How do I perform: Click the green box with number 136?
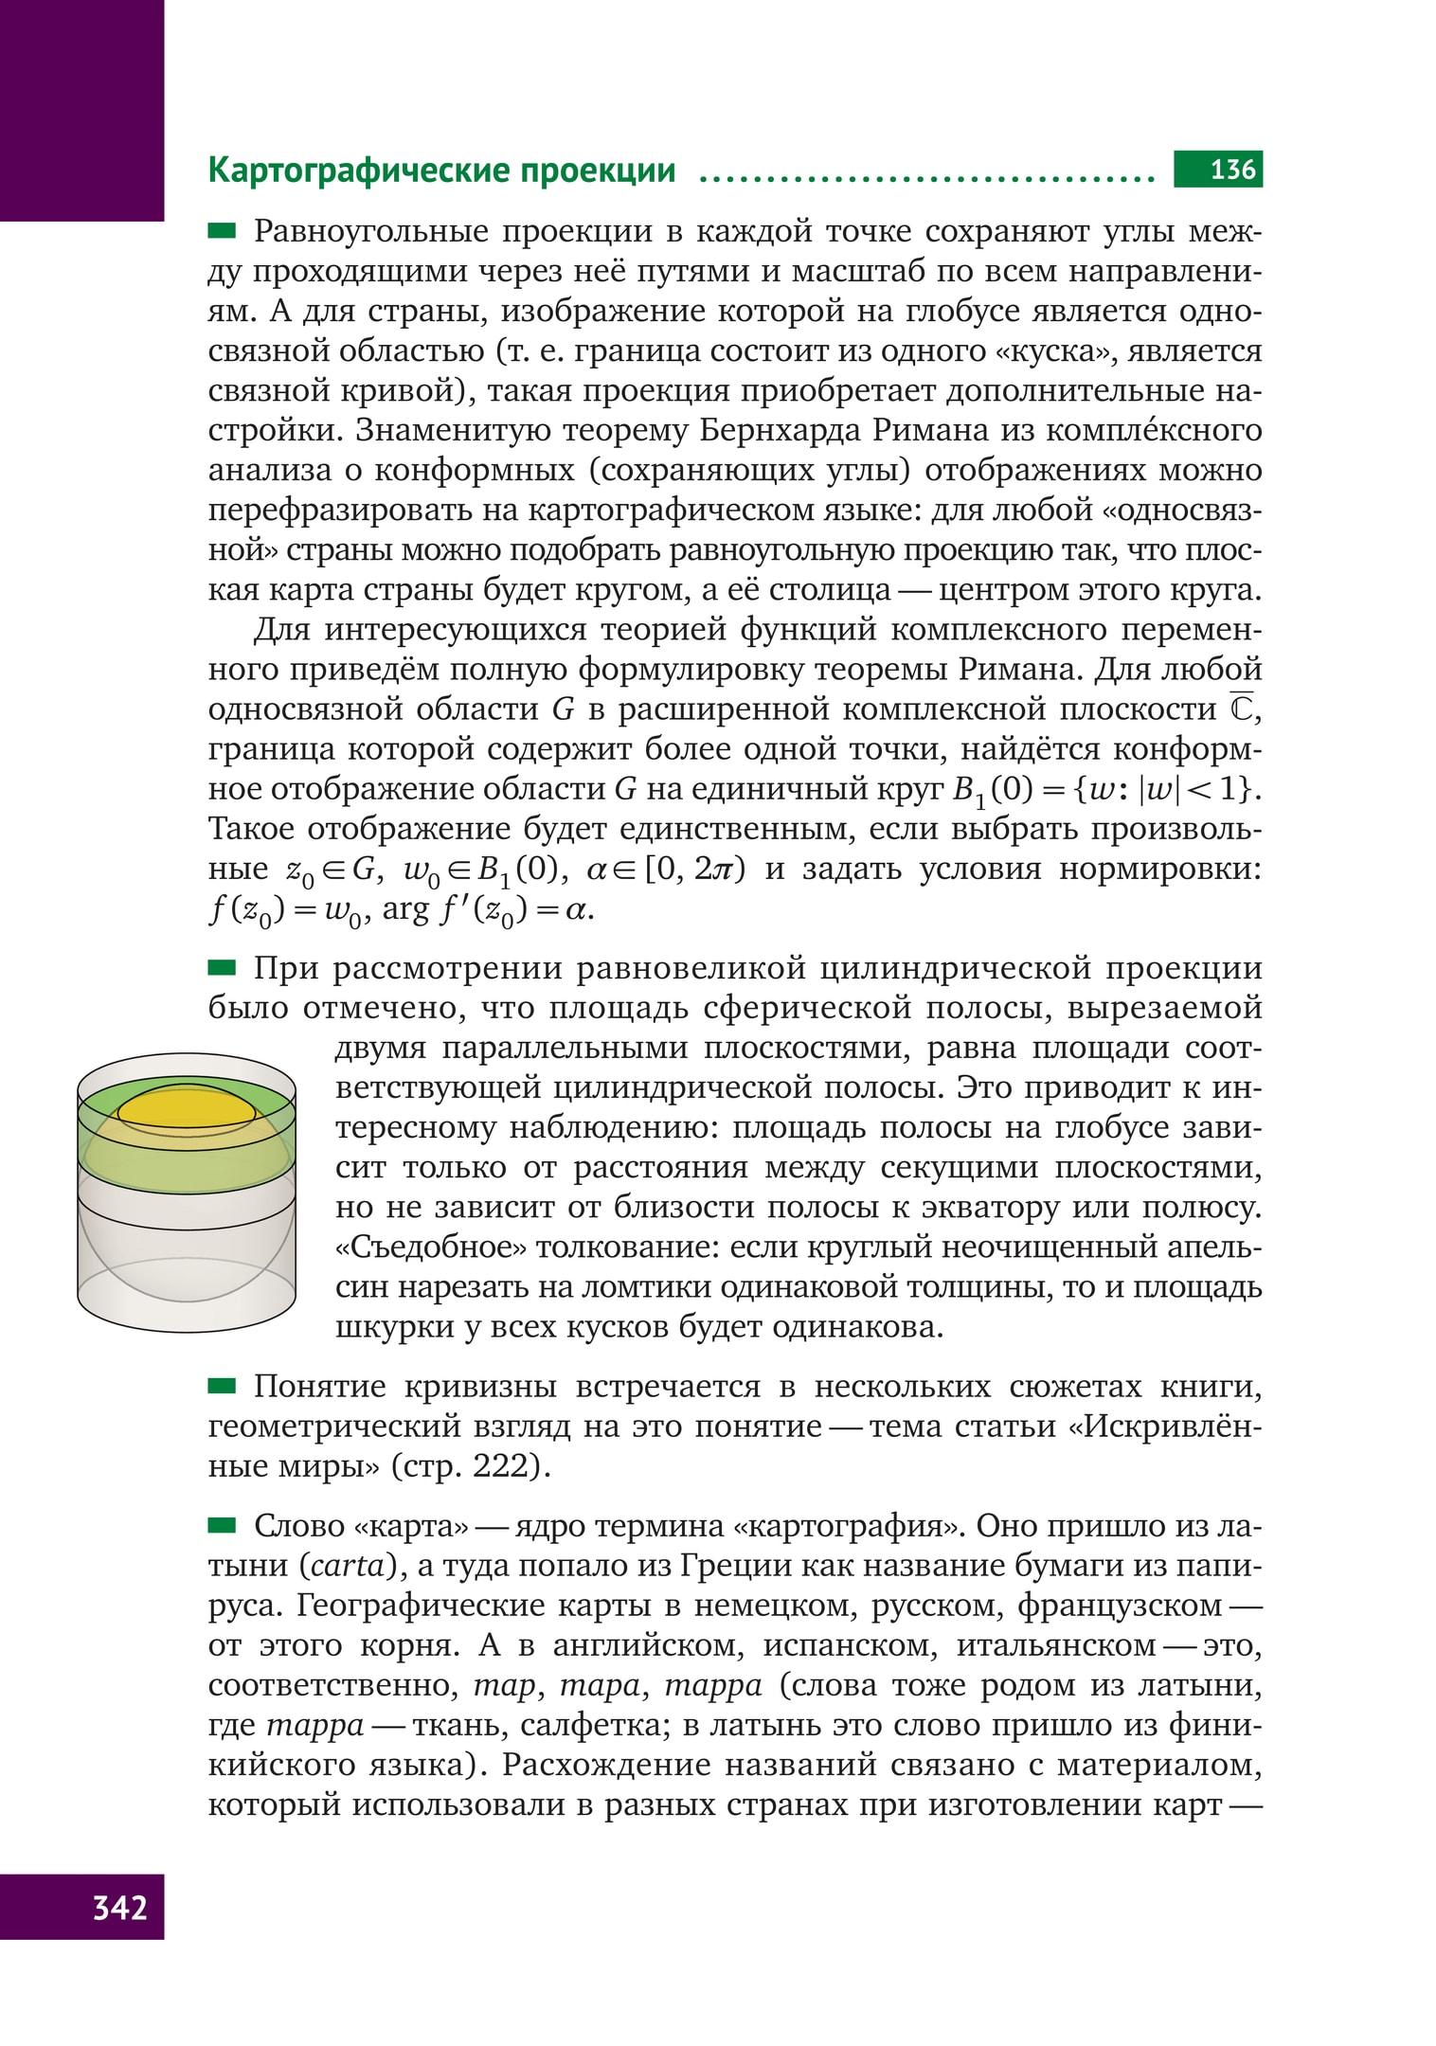pos(1217,170)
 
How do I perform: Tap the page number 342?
pos(119,1906)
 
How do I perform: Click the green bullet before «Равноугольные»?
pos(222,230)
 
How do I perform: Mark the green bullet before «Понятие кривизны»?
pos(222,1386)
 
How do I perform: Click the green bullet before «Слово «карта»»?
pos(222,1525)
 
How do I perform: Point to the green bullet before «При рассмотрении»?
pos(222,967)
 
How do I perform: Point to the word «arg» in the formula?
pos(405,910)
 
